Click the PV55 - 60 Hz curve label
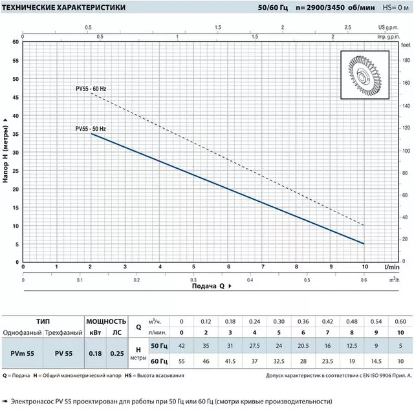click(91, 89)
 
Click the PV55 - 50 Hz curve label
click(91, 129)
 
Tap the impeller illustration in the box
click(365, 75)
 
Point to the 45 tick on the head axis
click(16, 98)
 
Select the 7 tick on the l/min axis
click(263, 266)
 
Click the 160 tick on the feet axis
click(406, 83)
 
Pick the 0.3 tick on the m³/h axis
click(193, 280)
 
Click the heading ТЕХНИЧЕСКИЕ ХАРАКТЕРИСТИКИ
click(63, 7)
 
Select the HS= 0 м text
click(395, 8)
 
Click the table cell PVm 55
click(23, 354)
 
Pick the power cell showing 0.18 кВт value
click(95, 354)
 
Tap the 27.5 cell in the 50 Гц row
click(254, 346)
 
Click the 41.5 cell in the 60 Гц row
click(230, 361)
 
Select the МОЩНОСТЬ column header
click(106, 321)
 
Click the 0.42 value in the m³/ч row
click(327, 321)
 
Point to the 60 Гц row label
click(159, 361)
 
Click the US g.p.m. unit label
click(388, 27)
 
